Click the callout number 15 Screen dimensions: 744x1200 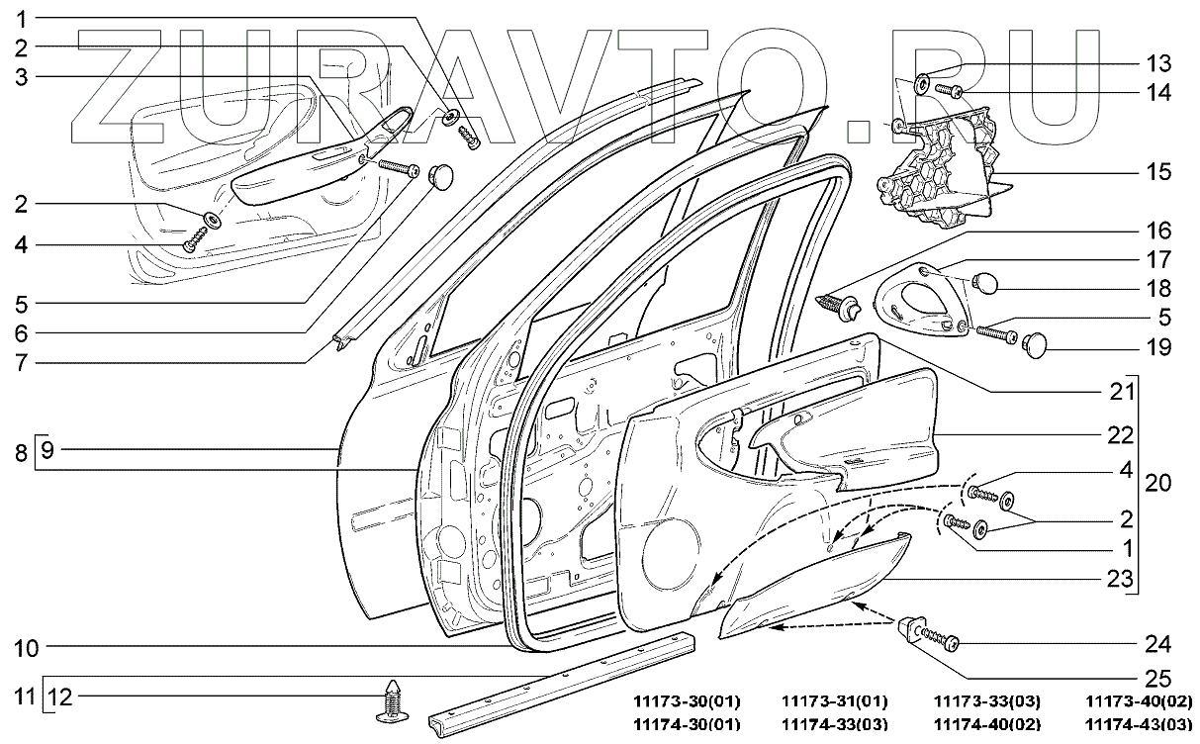pos(1158,171)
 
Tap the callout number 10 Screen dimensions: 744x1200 pos(27,649)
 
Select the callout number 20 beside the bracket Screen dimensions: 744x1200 pos(1158,483)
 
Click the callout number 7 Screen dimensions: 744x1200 pos(27,361)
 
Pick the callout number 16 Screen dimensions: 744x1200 pos(1158,232)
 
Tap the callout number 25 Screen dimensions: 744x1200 pos(1158,680)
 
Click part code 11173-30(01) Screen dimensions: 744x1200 pos(687,701)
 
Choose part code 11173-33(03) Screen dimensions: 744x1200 pos(987,701)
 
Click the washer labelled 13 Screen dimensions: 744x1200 pos(920,82)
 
